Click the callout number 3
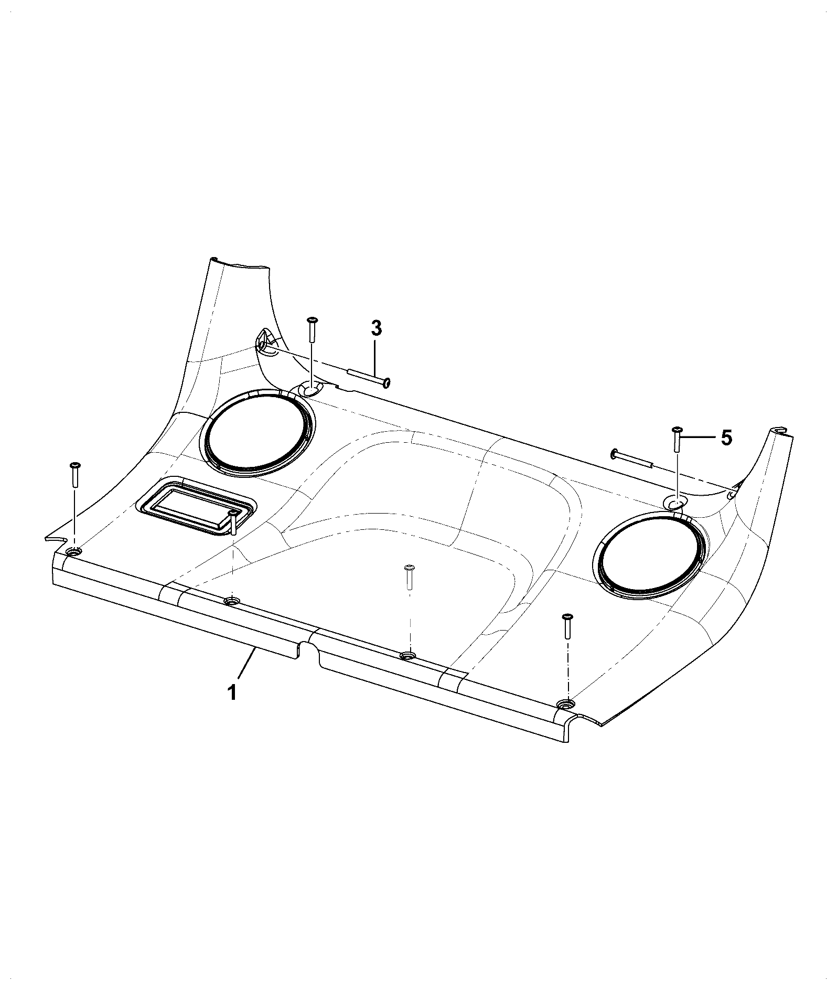click(x=377, y=328)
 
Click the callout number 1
click(x=231, y=692)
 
